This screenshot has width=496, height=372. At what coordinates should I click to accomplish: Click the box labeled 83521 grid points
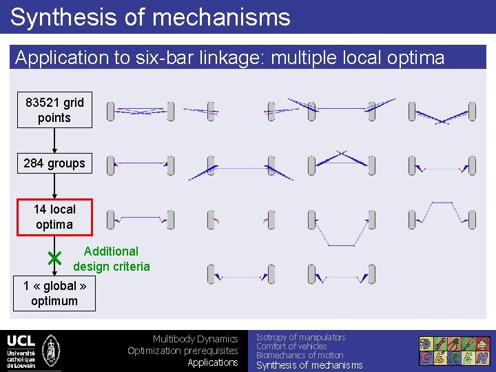[x=54, y=110]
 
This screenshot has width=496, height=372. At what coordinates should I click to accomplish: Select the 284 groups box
[x=54, y=163]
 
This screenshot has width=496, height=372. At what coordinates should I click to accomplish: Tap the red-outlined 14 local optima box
[x=54, y=217]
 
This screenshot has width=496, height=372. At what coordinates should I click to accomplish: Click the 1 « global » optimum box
[x=54, y=293]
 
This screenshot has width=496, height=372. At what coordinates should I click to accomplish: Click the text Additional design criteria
[x=111, y=259]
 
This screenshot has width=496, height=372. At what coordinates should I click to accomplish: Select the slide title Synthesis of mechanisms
[x=150, y=17]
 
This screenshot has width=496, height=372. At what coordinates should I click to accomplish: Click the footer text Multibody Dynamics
[x=195, y=339]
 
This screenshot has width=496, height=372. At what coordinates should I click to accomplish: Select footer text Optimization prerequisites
[x=183, y=351]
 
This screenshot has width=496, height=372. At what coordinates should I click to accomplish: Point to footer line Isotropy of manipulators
[x=300, y=337]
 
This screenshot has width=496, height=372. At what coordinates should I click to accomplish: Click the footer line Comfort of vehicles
[x=291, y=347]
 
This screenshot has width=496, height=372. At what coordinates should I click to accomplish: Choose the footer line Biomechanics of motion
[x=300, y=355]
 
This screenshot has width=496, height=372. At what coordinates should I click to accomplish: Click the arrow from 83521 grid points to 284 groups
[x=54, y=141]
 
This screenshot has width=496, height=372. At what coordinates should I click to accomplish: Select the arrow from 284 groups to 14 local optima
[x=54, y=186]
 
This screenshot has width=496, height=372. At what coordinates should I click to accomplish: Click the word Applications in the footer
[x=213, y=362]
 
